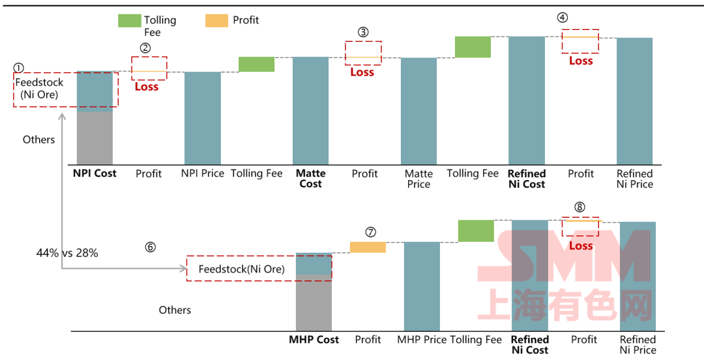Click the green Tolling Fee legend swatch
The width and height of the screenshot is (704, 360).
129,20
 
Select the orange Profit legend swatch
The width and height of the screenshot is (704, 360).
216,20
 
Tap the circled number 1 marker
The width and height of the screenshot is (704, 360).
18,68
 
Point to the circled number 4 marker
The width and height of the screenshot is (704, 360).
563,18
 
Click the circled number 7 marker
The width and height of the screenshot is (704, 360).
371,232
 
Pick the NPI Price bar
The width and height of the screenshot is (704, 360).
202,117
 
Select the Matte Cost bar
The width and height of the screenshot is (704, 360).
310,110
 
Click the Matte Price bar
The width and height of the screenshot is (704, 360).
418,111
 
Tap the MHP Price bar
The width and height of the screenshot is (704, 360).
422,286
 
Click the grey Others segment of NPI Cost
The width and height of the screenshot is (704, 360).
95,138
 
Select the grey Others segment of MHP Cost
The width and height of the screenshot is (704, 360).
314,305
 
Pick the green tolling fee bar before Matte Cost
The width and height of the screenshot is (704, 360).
256,64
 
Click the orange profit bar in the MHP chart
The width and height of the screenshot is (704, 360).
368,247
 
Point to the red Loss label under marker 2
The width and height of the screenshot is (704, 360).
147,87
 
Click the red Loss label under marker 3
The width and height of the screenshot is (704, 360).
362,72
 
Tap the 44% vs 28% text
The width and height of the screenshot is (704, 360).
67,253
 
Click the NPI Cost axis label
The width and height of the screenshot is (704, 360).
95,173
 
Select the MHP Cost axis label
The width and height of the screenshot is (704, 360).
314,339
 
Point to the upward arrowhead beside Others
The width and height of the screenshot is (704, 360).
62,117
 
